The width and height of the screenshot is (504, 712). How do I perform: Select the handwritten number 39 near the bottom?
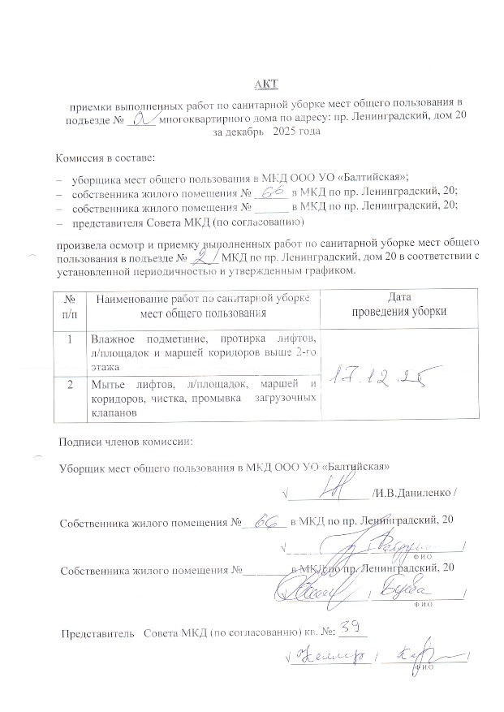coord(351,625)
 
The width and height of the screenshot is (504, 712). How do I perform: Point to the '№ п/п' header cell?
coord(69,305)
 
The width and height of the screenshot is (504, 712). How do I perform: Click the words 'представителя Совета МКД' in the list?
coord(136,221)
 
